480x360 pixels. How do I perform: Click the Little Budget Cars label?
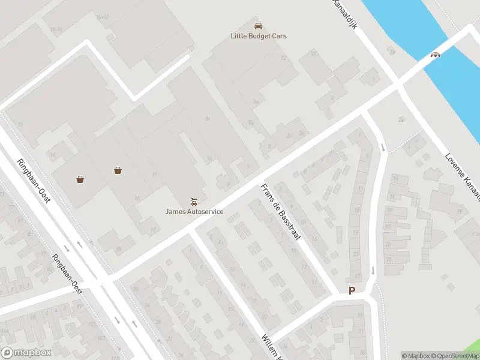259,36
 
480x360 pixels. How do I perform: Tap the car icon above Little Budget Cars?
258,26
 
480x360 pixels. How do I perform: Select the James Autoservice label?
194,212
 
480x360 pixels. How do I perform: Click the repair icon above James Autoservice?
193,201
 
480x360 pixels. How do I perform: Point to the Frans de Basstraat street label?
280,212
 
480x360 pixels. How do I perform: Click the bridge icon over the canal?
436,54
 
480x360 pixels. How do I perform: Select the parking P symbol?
352,290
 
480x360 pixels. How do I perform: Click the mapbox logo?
26,353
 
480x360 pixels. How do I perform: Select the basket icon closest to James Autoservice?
118,170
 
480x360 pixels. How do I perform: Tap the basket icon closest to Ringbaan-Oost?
80,179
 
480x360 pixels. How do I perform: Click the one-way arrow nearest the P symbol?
373,271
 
